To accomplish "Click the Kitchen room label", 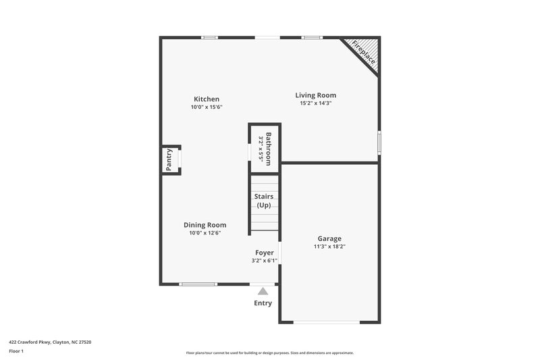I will (207, 99).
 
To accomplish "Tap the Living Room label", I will (315, 95).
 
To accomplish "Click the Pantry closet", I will (171, 160).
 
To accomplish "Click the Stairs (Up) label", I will (263, 201).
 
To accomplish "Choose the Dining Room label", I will (205, 225).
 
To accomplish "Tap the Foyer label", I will (264, 253).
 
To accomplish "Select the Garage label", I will (329, 238).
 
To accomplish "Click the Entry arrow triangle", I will (263, 291).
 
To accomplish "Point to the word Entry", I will (263, 303).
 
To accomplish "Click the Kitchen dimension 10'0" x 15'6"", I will (206, 107).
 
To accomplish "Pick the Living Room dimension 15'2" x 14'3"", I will (315, 103).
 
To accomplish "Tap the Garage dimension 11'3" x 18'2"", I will (329, 247).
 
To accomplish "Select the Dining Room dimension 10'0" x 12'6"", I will (205, 233).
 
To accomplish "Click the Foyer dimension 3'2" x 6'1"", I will (264, 260).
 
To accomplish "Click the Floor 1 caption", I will (16, 351).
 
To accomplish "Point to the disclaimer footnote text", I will (269, 353).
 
